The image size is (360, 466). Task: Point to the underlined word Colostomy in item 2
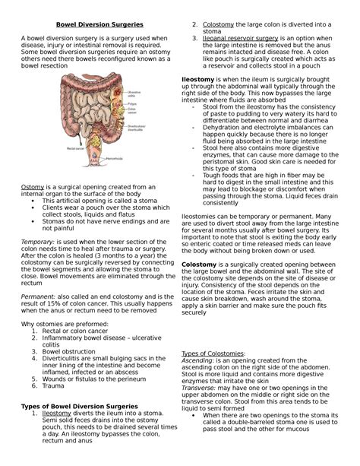click(x=219, y=25)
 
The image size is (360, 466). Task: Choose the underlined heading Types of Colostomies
click(x=213, y=354)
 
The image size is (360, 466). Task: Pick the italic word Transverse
click(x=202, y=388)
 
